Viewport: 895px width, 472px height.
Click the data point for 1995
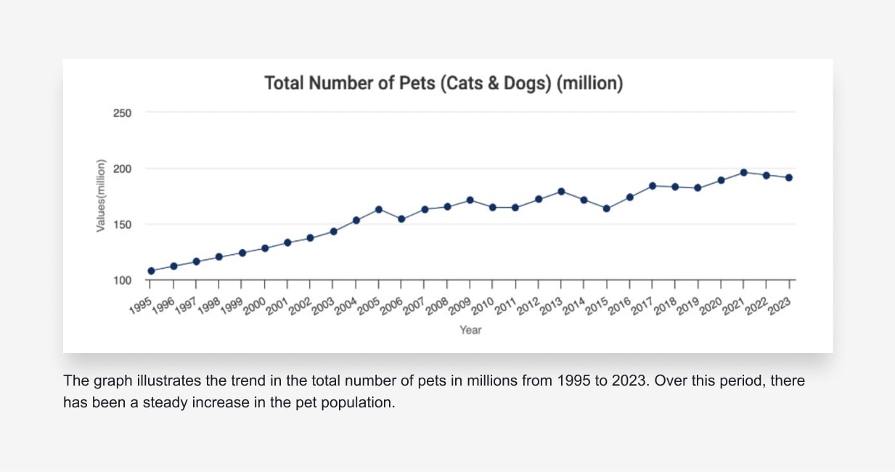point(151,271)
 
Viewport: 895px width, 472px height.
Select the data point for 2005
point(379,209)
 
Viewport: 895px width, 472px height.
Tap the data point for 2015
point(606,208)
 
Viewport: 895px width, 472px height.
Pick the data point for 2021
point(743,172)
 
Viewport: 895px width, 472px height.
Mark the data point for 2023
point(788,177)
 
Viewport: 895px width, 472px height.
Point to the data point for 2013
point(561,191)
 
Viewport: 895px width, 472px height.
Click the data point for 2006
point(401,219)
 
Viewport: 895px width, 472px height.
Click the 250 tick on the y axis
point(122,113)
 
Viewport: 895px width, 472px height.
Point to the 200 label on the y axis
point(122,169)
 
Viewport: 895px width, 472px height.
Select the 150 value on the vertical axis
point(122,225)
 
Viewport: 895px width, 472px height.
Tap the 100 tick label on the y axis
point(122,281)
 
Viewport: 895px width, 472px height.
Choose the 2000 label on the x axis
point(254,306)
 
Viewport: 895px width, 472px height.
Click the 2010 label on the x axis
point(481,306)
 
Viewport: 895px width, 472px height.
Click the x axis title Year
point(470,330)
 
